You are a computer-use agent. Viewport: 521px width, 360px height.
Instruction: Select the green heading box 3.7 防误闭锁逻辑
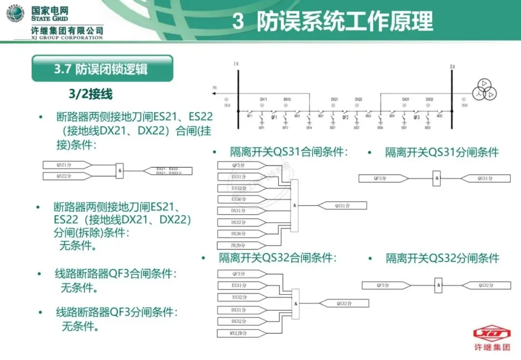[x=102, y=69]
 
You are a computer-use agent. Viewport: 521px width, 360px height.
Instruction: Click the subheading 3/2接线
[x=91, y=94]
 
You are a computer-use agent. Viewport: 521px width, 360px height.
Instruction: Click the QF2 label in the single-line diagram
[x=345, y=117]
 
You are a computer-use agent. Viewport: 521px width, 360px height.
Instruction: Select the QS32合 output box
[x=344, y=304]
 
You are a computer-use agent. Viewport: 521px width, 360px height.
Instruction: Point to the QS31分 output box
[x=485, y=179]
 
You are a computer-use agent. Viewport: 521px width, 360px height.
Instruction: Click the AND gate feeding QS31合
[x=295, y=206]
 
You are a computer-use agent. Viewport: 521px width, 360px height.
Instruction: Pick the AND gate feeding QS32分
[x=438, y=285]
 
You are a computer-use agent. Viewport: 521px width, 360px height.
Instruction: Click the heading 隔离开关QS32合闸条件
[x=277, y=258]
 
